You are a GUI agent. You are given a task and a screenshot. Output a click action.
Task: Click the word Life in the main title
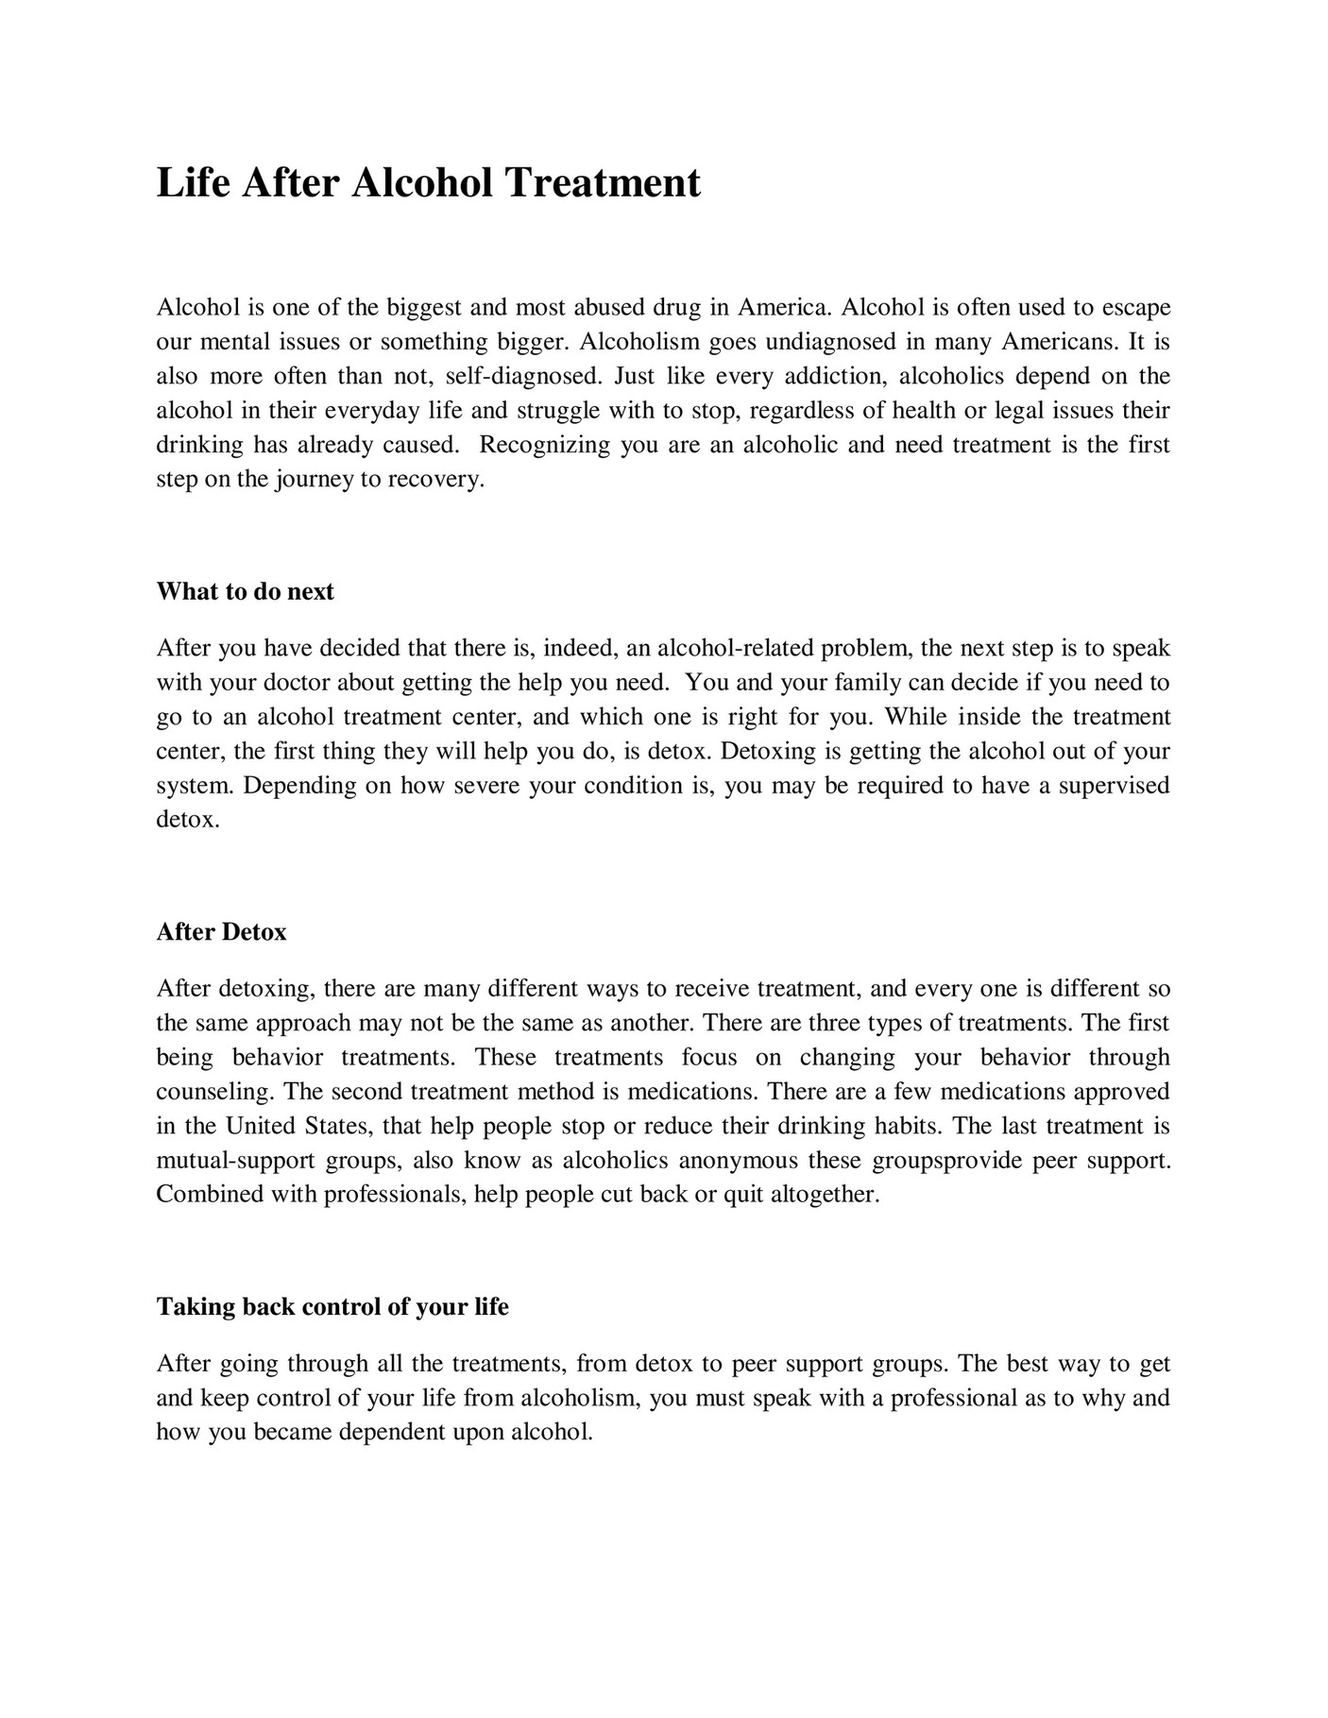193,182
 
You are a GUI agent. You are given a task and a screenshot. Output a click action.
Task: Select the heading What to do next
245,592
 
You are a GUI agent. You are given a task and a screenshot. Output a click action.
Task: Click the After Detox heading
221,932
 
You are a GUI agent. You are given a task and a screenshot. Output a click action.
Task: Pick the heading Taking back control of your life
332,1307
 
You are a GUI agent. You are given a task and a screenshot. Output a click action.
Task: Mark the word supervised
1114,786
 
